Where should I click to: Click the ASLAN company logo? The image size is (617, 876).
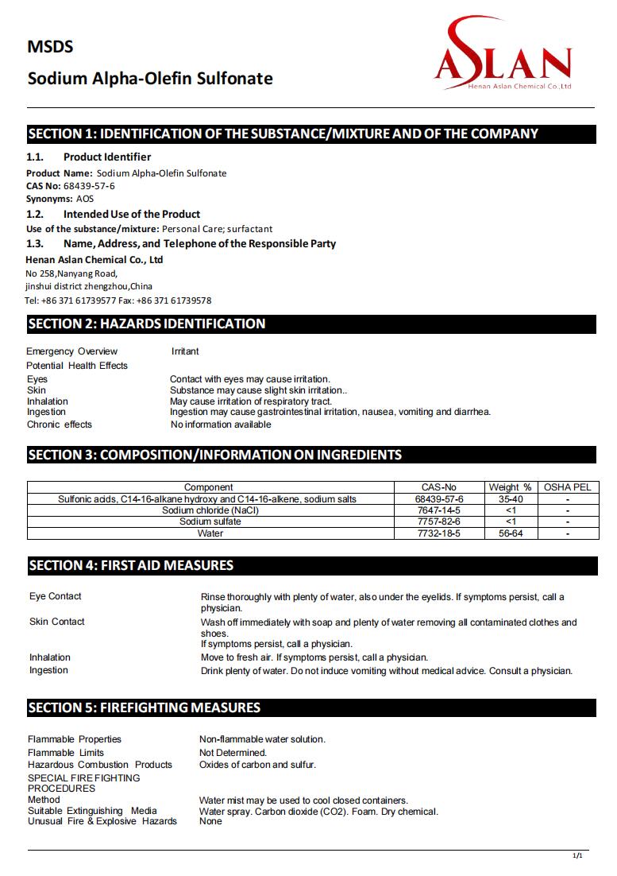[x=502, y=58]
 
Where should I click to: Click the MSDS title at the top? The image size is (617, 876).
[x=50, y=47]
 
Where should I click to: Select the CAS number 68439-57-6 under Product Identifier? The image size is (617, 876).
[x=88, y=186]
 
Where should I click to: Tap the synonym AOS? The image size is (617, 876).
[x=84, y=199]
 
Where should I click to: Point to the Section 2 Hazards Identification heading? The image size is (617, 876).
[x=147, y=324]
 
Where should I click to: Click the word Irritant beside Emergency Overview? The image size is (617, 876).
[x=185, y=351]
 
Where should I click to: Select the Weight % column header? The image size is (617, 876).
[x=510, y=487]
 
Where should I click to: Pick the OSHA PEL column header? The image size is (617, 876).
[x=567, y=487]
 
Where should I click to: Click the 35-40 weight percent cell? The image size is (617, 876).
[x=510, y=499]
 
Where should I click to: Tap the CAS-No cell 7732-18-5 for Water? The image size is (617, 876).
[x=438, y=533]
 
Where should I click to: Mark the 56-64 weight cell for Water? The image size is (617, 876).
[x=510, y=533]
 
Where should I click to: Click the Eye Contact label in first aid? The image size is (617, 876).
[x=56, y=596]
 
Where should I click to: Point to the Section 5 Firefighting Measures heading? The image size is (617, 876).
[x=144, y=707]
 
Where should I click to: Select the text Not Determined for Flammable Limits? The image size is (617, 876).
[x=233, y=753]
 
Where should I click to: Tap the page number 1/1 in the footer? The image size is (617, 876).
[x=577, y=855]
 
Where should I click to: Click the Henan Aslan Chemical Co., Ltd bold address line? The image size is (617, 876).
[x=94, y=260]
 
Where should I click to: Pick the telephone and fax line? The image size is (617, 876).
[x=118, y=300]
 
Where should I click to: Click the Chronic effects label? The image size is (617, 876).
[x=60, y=424]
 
